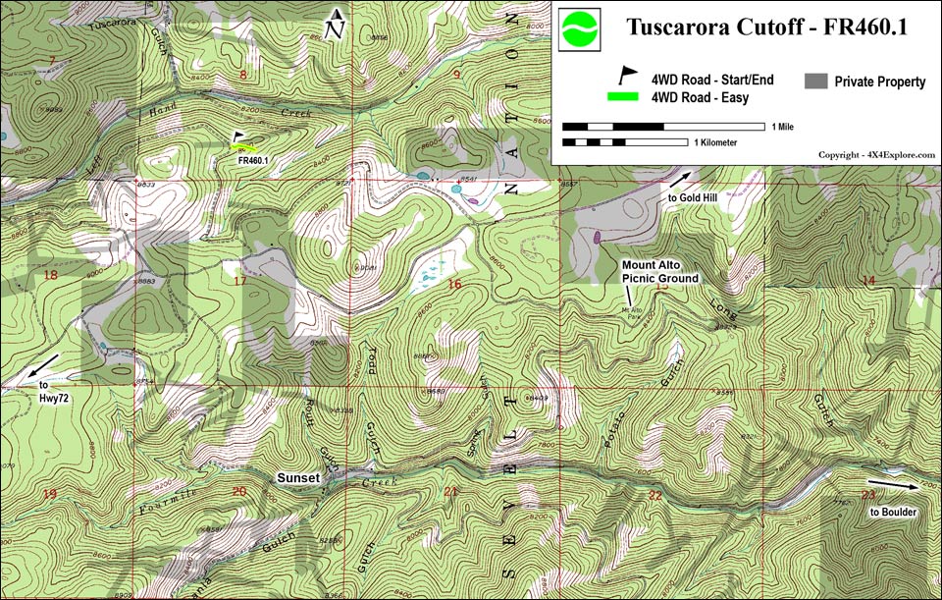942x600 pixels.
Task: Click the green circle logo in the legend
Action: [x=580, y=28]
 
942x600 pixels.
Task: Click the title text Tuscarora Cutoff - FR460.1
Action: [x=765, y=27]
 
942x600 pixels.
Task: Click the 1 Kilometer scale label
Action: [x=714, y=142]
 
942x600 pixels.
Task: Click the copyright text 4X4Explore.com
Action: [x=876, y=155]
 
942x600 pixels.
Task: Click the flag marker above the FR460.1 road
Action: [x=238, y=139]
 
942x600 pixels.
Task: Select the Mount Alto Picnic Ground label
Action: [x=660, y=272]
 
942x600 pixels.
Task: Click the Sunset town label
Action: [x=297, y=477]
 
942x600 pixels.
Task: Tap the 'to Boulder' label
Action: [x=894, y=512]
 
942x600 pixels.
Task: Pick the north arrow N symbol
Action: [x=336, y=25]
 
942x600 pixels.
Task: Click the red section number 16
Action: [x=453, y=285]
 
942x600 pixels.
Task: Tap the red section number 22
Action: [x=654, y=495]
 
